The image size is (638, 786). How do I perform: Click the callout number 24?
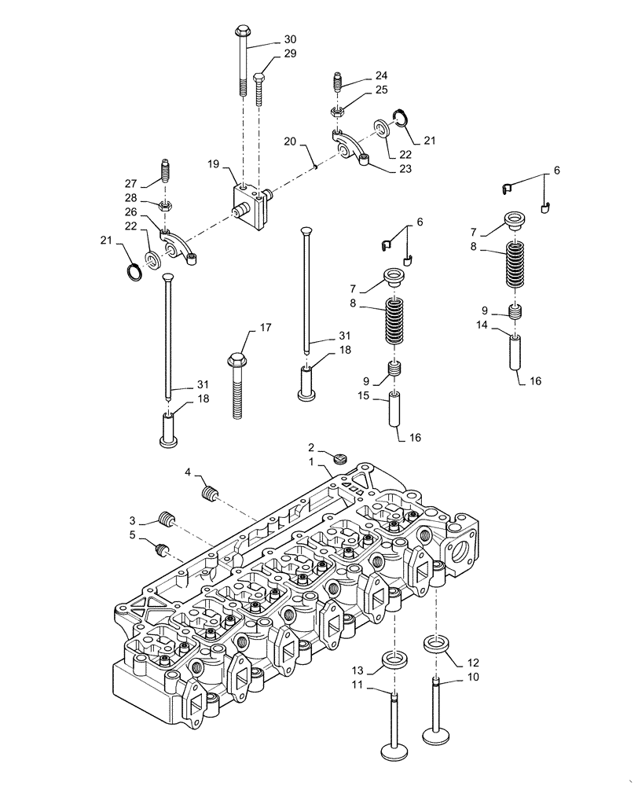pyautogui.click(x=381, y=76)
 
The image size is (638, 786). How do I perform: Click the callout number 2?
pyautogui.click(x=311, y=446)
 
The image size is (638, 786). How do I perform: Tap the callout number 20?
pyautogui.click(x=290, y=143)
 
